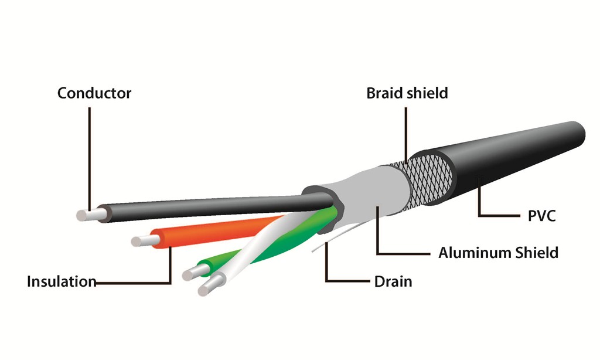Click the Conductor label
click(94, 93)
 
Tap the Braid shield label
click(407, 93)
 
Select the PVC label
click(541, 216)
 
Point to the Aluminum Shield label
click(498, 253)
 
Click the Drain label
click(393, 281)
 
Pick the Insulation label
click(61, 281)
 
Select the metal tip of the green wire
click(193, 273)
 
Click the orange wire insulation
click(214, 232)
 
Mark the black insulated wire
click(214, 207)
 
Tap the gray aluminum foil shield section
click(379, 192)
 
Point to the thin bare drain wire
click(337, 237)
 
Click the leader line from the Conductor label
click(90, 159)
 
